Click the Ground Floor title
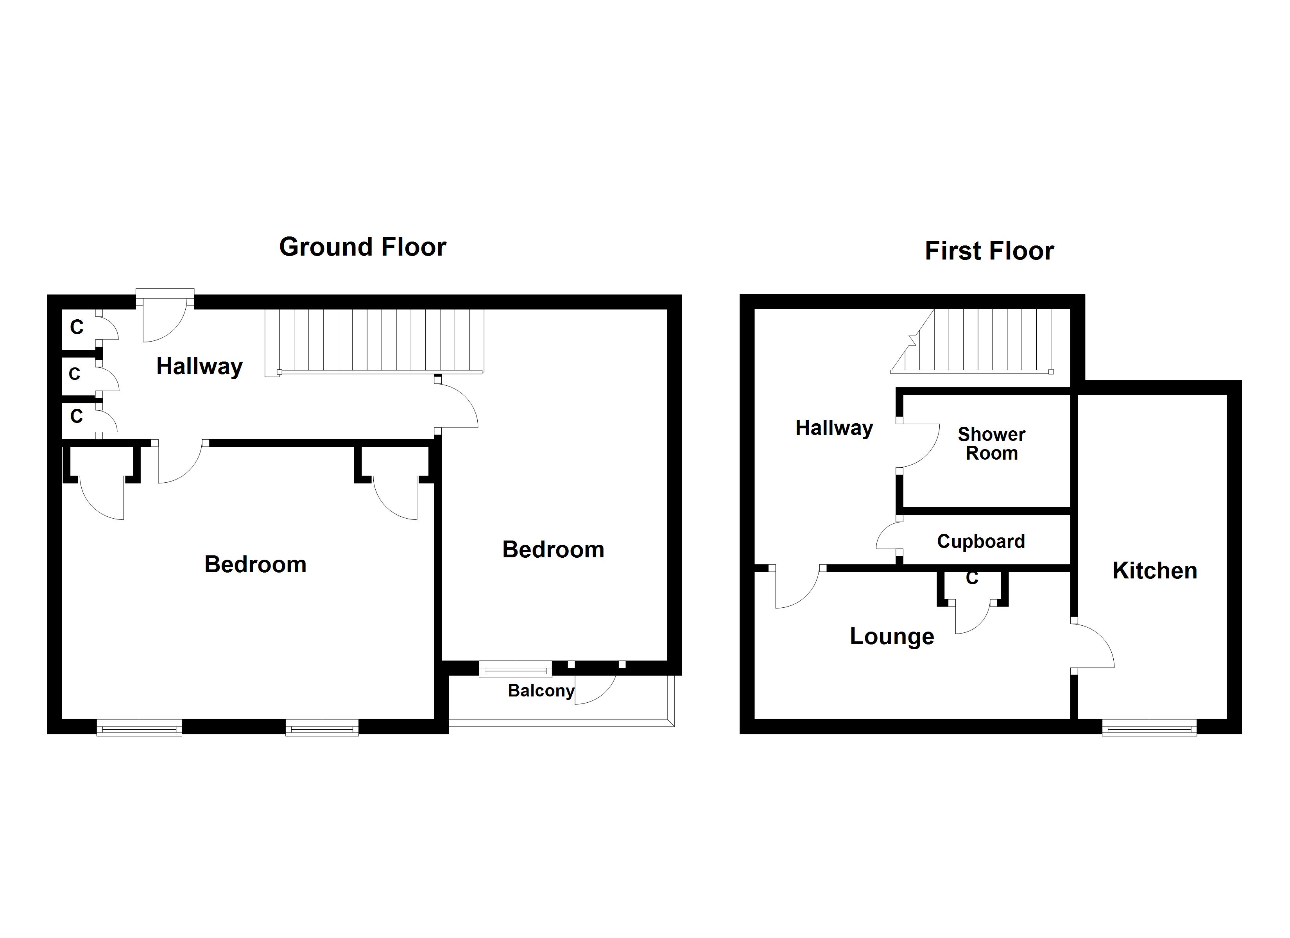(x=362, y=247)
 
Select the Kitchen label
(x=1155, y=571)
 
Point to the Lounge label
(x=892, y=636)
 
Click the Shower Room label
(x=991, y=444)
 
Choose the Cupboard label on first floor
(x=980, y=541)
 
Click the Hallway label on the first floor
(x=834, y=428)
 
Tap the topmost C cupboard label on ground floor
(x=76, y=327)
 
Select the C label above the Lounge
(x=972, y=578)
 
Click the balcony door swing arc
(x=597, y=691)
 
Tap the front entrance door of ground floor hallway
(x=165, y=321)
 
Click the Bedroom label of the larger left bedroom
(x=255, y=564)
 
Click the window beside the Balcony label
(x=515, y=669)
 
